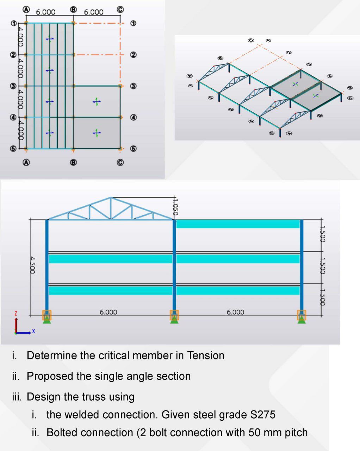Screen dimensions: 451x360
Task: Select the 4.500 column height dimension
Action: [32, 265]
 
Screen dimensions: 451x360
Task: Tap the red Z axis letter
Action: [15, 313]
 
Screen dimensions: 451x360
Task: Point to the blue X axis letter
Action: [34, 331]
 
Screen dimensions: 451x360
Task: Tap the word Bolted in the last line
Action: [63, 432]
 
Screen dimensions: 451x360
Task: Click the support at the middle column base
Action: [174, 317]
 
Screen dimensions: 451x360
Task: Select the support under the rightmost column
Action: [302, 317]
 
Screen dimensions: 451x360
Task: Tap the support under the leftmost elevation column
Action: [47, 317]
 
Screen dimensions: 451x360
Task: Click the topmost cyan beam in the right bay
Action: [238, 224]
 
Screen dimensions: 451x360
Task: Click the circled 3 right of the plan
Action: [133, 86]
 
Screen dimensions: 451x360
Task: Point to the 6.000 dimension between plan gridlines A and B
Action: [46, 12]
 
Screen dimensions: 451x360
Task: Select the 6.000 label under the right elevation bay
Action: [235, 312]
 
